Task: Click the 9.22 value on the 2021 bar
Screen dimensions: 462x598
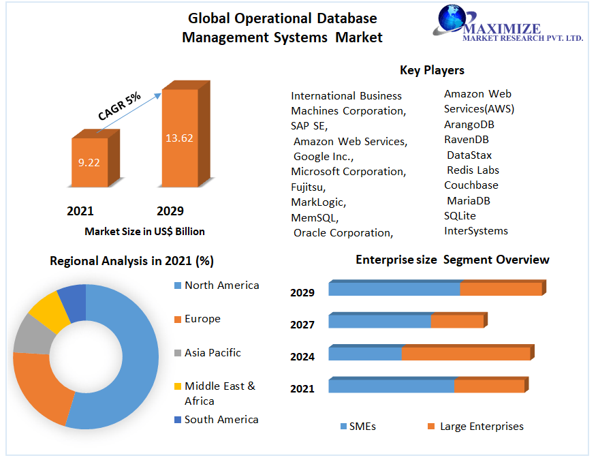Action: (x=89, y=163)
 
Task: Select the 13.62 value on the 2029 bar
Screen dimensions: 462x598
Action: (x=179, y=138)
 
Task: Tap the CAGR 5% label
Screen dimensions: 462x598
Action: (x=119, y=106)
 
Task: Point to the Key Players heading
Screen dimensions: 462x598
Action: (x=432, y=70)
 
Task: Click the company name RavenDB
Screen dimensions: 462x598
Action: (x=467, y=140)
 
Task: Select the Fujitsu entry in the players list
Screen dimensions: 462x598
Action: (x=308, y=187)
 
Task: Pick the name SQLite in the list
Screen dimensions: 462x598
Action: (x=460, y=216)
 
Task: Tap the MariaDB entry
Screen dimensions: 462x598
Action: (x=469, y=200)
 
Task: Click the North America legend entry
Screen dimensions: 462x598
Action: (x=221, y=286)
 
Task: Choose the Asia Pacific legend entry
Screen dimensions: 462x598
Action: (x=213, y=353)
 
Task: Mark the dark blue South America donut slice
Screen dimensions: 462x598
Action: (x=72, y=301)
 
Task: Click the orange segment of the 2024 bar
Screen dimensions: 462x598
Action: (x=465, y=354)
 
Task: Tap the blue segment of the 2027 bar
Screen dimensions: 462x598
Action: (x=379, y=321)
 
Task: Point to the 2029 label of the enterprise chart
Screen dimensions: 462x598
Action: (x=302, y=293)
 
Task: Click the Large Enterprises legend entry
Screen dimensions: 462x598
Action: (x=481, y=427)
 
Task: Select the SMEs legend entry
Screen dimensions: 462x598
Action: (x=362, y=427)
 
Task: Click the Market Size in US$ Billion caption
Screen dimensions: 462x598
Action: (x=144, y=232)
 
